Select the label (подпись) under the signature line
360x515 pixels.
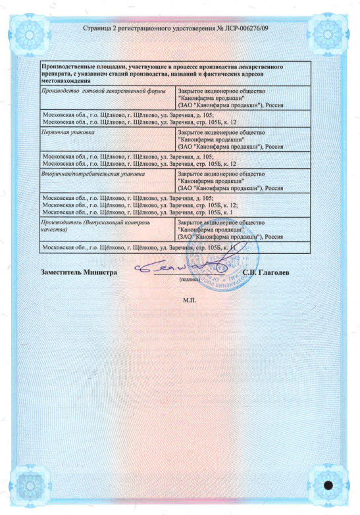(191, 279)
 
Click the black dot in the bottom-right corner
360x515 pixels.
(330, 485)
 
